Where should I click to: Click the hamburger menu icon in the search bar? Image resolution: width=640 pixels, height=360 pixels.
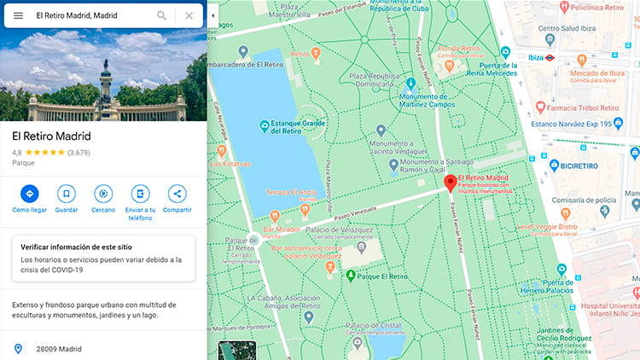(x=18, y=15)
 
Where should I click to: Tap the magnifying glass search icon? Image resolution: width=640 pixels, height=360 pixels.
(x=162, y=15)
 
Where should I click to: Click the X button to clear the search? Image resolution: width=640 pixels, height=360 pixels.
(x=189, y=15)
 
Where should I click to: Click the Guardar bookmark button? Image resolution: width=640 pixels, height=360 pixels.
(x=66, y=194)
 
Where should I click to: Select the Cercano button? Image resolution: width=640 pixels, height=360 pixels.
(x=103, y=194)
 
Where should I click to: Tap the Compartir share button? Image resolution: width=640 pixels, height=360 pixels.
(x=177, y=194)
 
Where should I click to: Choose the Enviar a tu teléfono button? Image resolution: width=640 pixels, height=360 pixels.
(x=140, y=194)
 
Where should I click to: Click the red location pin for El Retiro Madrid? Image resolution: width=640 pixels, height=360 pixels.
(x=451, y=183)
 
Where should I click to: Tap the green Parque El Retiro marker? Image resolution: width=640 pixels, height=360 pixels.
(x=350, y=276)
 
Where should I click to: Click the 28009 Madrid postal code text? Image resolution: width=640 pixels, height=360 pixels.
(x=58, y=349)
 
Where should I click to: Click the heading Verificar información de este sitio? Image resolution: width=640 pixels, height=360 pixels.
(x=77, y=247)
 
